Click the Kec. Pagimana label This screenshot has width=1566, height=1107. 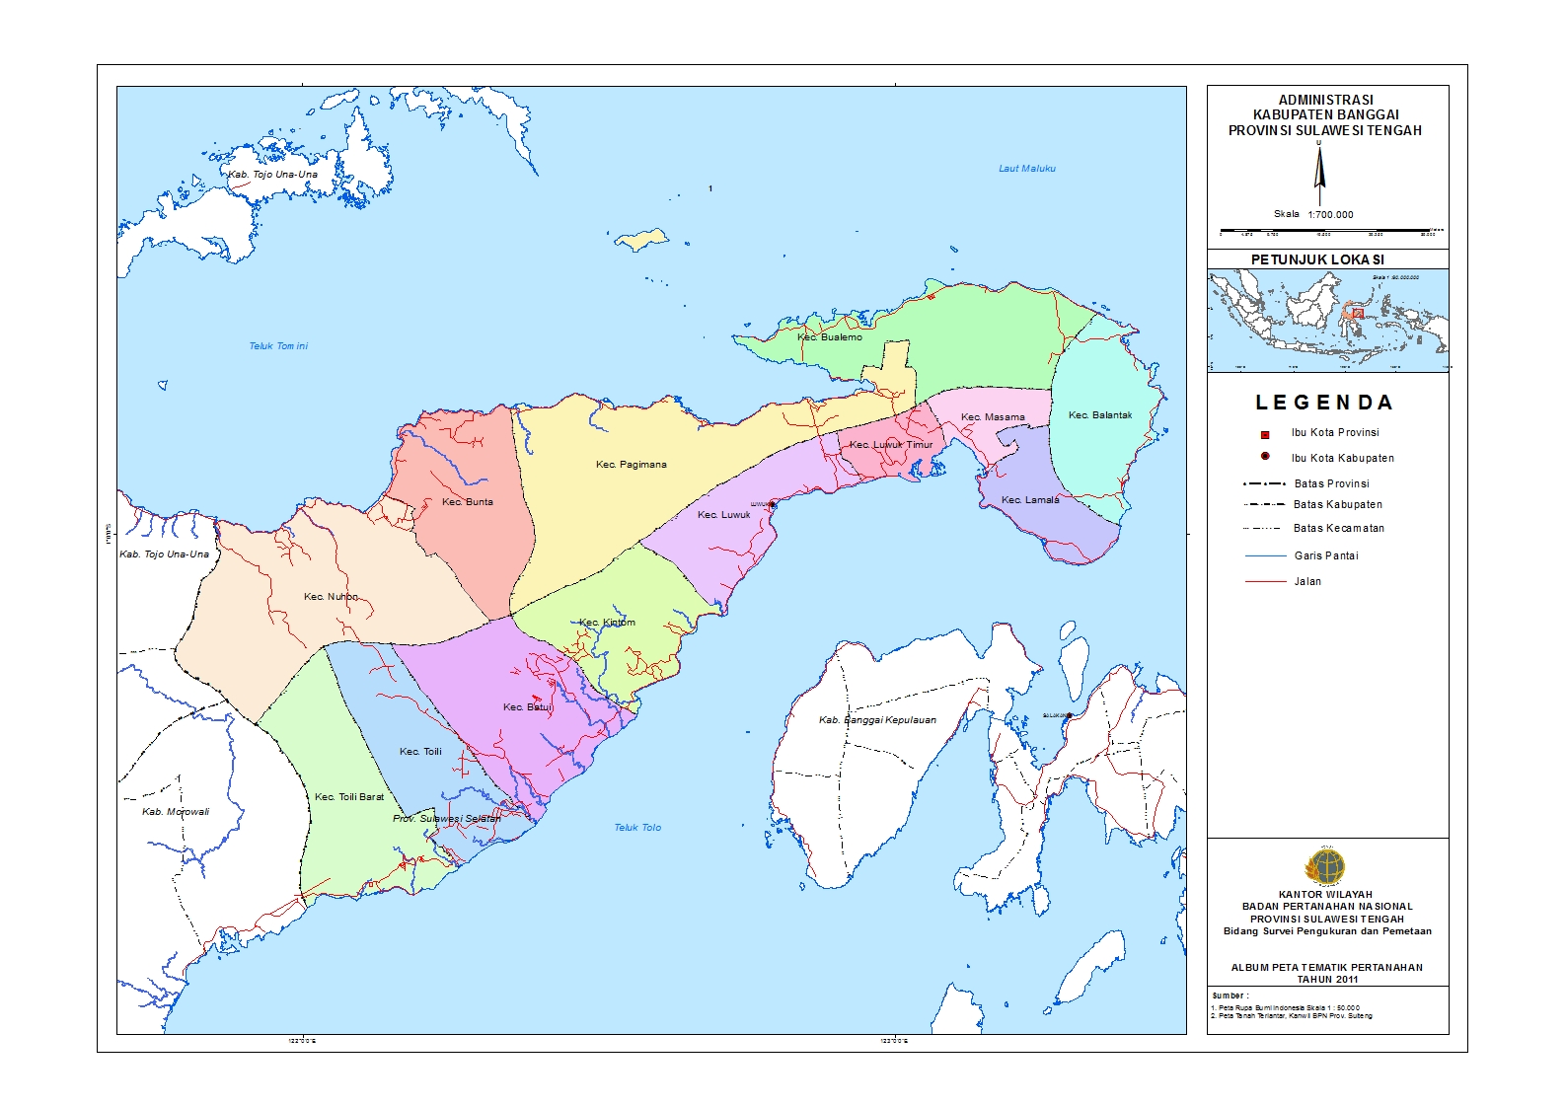coord(632,465)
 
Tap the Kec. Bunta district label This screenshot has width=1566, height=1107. coord(468,502)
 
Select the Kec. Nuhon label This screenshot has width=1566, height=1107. coord(332,597)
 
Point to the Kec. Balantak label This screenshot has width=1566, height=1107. coord(1100,415)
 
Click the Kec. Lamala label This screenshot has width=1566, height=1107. coord(1030,500)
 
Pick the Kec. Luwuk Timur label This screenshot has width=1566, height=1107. coord(891,445)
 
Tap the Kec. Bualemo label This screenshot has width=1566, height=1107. coord(830,337)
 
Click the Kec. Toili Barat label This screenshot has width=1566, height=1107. coord(349,797)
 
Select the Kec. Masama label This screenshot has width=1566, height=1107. coord(993,417)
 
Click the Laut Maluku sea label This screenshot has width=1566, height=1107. coord(1027,169)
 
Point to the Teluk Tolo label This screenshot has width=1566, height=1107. coord(637,828)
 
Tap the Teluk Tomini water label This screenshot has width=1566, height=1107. coord(278,346)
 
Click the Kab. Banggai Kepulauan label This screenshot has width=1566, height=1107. coord(877,720)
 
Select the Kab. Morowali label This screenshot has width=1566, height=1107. coord(176,812)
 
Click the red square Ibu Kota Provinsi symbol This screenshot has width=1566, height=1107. coord(1265,434)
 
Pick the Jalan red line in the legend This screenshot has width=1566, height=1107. coord(1265,582)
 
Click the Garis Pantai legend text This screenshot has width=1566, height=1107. coord(1326,556)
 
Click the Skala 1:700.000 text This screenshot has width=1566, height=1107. coord(1313,214)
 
